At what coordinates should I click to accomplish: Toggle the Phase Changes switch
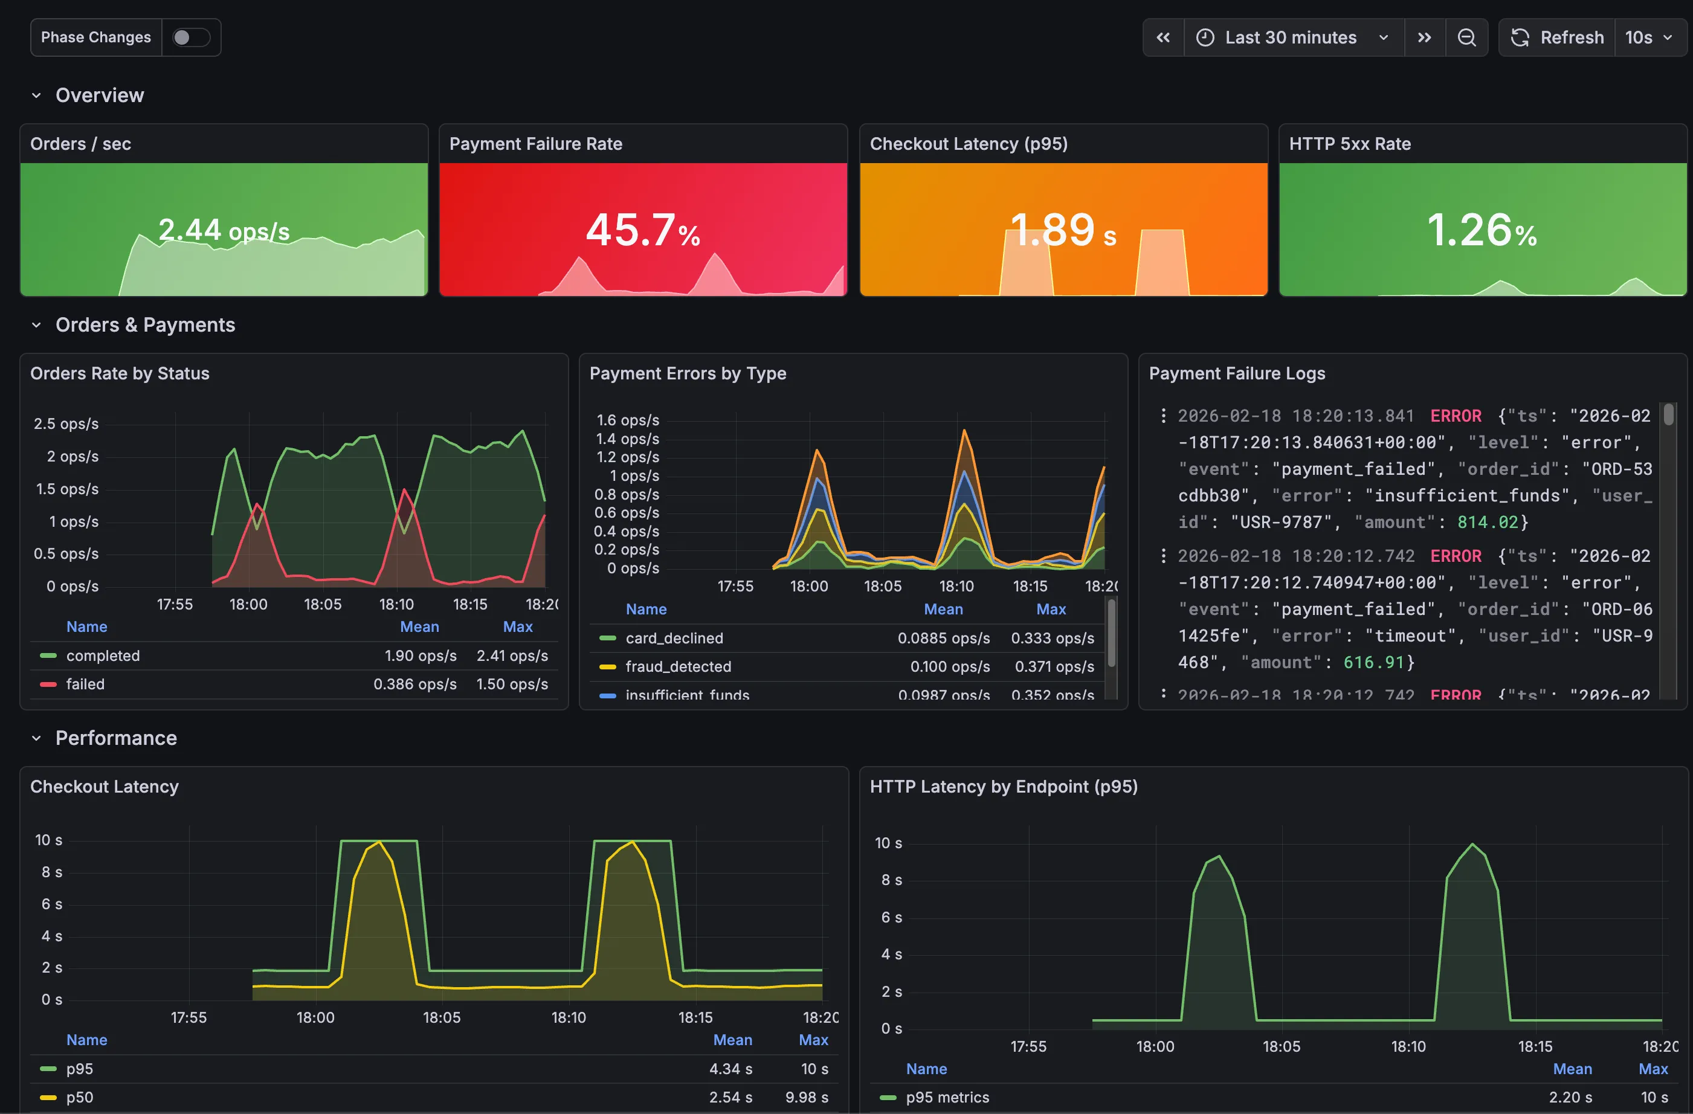[191, 37]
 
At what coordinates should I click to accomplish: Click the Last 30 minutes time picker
[1291, 37]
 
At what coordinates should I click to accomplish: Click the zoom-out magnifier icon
[1466, 37]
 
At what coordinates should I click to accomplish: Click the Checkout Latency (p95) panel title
[968, 144]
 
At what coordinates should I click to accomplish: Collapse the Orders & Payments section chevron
[36, 325]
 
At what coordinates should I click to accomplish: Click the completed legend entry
[103, 656]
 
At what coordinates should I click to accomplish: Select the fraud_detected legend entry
[678, 666]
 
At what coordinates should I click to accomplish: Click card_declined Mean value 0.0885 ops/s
[943, 638]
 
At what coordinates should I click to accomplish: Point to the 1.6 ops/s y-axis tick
[627, 420]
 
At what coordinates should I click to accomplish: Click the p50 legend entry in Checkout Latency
[80, 1097]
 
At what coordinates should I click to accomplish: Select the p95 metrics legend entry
[947, 1097]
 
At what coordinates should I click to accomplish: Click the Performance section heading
[116, 738]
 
